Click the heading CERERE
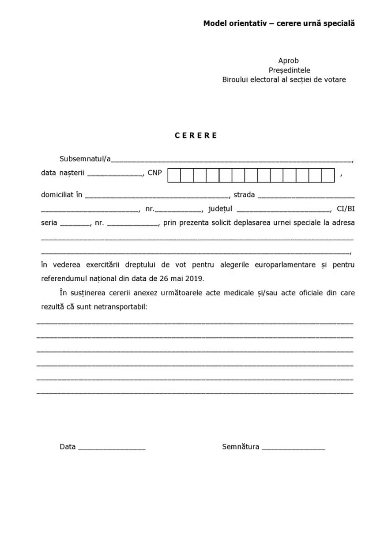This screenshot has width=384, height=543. tap(196, 136)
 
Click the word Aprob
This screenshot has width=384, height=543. tap(288, 61)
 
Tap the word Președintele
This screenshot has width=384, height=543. tap(289, 70)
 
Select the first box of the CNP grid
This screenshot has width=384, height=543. tap(174, 175)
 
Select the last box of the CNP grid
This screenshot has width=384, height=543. tap(328, 175)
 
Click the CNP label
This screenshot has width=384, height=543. tap(154, 173)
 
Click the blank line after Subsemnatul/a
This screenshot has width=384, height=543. tap(232, 160)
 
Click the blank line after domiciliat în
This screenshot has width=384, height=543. tap(157, 196)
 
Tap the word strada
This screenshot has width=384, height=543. tap(244, 195)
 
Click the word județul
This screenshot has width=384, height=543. tap(220, 209)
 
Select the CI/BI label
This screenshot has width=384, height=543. tap(346, 209)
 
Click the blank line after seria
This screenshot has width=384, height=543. tap(75, 224)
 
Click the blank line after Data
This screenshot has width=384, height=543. tap(112, 448)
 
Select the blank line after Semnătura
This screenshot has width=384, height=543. tap(293, 448)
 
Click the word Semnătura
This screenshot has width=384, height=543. tap(241, 447)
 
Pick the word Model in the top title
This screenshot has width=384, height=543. tap(215, 23)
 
